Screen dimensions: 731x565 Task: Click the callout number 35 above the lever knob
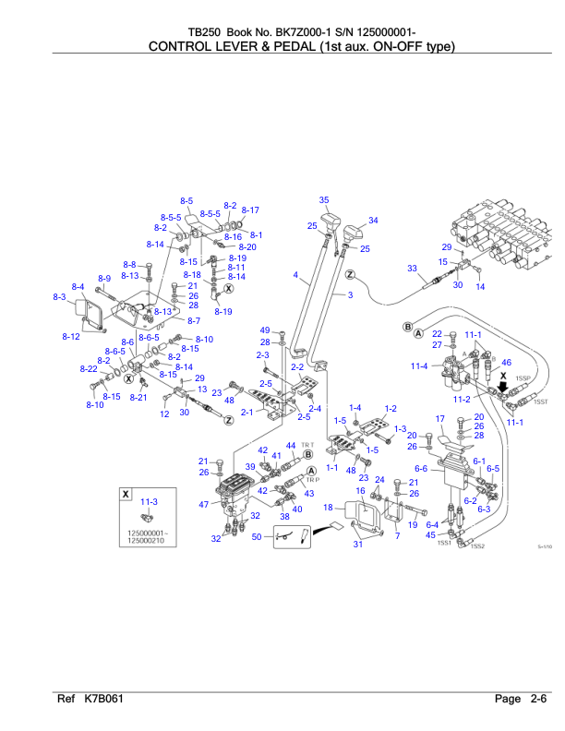click(324, 200)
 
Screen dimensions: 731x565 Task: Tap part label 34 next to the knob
click(373, 221)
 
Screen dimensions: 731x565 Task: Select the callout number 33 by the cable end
click(412, 268)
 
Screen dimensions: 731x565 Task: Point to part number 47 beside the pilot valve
click(203, 504)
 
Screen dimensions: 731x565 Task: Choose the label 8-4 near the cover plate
click(78, 287)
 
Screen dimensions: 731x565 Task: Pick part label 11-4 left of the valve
click(419, 366)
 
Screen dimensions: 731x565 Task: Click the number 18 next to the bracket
click(328, 507)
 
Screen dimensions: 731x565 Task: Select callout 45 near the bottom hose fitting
click(430, 534)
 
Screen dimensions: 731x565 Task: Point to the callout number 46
click(506, 363)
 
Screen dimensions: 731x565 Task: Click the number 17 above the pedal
click(441, 419)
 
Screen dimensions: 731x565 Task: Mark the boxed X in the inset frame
click(126, 495)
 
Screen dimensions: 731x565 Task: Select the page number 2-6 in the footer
click(540, 700)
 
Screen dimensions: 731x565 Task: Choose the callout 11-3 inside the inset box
click(149, 501)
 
